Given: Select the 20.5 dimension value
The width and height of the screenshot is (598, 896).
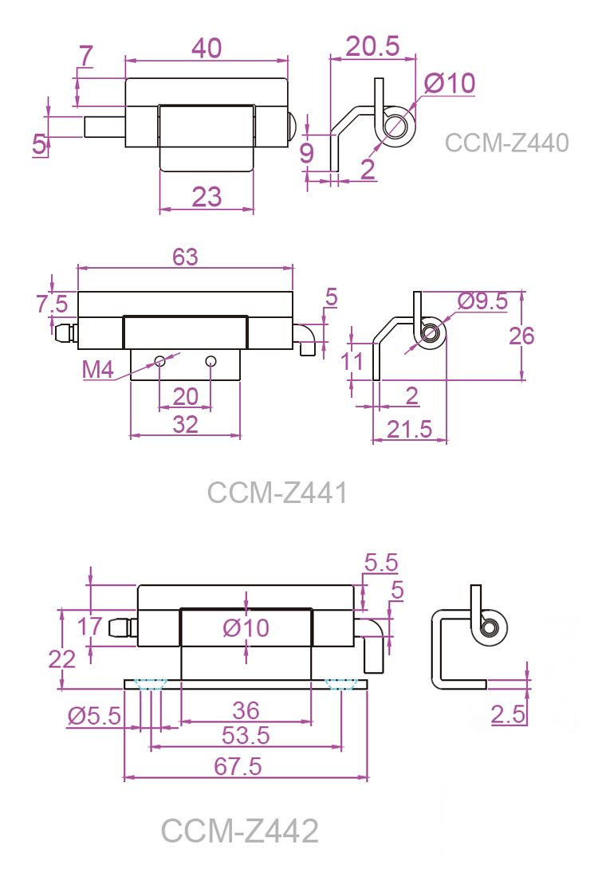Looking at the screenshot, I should (x=372, y=46).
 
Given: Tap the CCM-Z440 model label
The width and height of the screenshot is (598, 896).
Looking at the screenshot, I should (x=506, y=143).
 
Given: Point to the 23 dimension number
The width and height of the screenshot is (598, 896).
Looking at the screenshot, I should (x=207, y=196).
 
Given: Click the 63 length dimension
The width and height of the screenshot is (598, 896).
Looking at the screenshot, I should (x=185, y=257).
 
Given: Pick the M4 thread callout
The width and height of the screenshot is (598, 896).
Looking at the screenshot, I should (x=100, y=369).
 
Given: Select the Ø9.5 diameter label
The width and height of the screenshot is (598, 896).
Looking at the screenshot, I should (x=482, y=301).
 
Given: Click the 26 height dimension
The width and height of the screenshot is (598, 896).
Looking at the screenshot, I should (x=521, y=336).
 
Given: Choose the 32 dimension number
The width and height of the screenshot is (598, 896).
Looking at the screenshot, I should (x=185, y=424).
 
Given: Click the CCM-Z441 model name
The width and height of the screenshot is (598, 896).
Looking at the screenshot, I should (x=277, y=493).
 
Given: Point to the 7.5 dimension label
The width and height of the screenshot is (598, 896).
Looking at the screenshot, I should (x=52, y=304).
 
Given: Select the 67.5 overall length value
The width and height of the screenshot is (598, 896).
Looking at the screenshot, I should (x=239, y=766).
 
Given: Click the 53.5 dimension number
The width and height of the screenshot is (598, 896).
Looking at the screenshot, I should (x=246, y=736).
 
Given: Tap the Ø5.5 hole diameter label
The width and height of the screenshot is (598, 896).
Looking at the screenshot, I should (x=93, y=715).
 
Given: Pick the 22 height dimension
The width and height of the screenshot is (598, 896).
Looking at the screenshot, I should (x=61, y=658).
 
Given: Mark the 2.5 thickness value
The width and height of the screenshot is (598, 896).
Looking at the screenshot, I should (x=508, y=714).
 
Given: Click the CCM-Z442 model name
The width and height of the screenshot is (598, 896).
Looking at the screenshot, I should (x=240, y=831).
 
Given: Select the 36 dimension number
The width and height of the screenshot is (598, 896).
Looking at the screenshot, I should (x=245, y=709).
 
